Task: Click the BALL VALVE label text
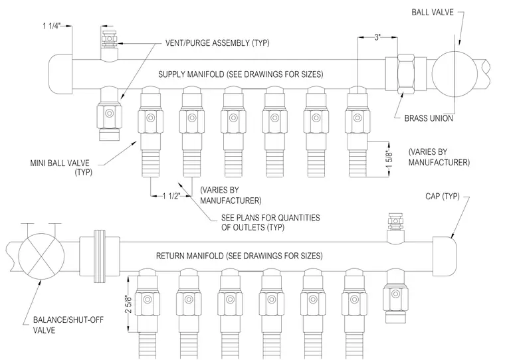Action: [432, 12]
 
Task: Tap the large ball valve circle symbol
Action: [454, 74]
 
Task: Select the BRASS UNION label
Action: [429, 118]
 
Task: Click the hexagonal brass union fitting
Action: [406, 74]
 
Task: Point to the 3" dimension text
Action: [377, 37]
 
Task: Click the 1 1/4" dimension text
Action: [52, 26]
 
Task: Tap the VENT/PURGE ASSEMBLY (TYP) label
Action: [217, 43]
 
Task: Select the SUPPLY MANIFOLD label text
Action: [241, 74]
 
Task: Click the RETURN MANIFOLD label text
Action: [239, 256]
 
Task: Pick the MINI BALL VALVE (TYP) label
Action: [61, 167]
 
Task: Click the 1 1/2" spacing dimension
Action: [171, 196]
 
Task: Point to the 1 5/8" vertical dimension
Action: [389, 159]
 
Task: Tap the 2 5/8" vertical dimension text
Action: [128, 304]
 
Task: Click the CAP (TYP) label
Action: [442, 196]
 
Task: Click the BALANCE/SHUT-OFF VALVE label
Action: [68, 325]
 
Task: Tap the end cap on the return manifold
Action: [444, 256]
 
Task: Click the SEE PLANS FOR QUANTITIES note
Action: [270, 223]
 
